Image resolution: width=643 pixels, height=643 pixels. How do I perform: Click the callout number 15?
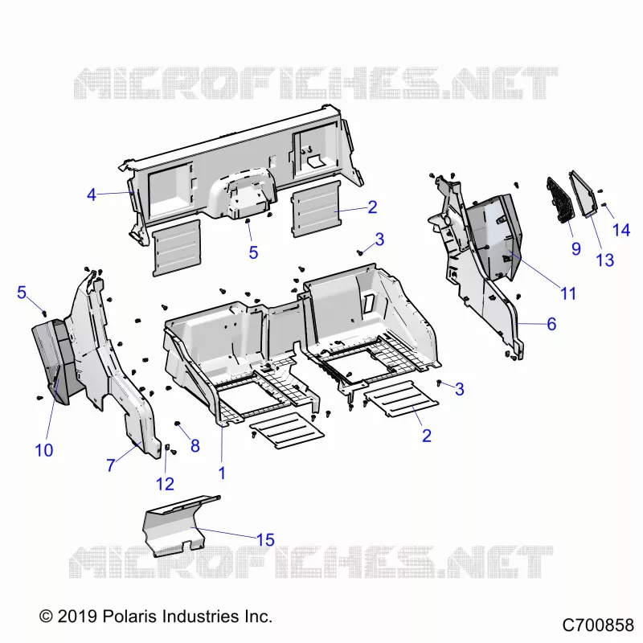265,539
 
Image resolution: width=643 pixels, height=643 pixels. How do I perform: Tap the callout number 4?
92,195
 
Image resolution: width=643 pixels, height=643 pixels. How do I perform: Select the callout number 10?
44,450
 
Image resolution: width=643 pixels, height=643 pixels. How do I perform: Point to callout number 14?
621,230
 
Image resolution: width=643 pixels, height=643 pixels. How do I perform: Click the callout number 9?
576,248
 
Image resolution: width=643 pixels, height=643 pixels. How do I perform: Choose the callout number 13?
605,260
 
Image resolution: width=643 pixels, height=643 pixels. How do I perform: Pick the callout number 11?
568,293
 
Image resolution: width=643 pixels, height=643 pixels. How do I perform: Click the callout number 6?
551,324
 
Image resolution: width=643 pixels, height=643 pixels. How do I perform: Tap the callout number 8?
195,446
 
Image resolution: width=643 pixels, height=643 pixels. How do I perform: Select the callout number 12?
165,485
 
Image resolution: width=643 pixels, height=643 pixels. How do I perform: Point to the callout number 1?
222,473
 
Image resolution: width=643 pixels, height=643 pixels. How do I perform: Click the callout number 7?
111,465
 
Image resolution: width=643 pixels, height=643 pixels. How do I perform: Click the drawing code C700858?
598,625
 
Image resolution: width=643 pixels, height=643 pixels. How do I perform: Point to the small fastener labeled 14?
604,204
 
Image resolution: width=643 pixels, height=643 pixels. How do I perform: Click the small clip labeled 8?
178,424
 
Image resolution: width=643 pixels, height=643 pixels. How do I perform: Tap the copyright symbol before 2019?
47,616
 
